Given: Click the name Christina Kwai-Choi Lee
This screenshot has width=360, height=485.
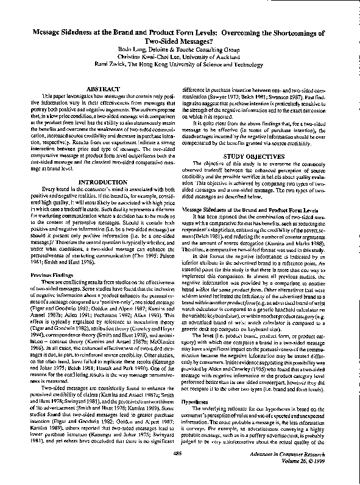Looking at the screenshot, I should tap(152, 55).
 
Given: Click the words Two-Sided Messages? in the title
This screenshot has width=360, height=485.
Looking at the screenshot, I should tap(180, 38).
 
